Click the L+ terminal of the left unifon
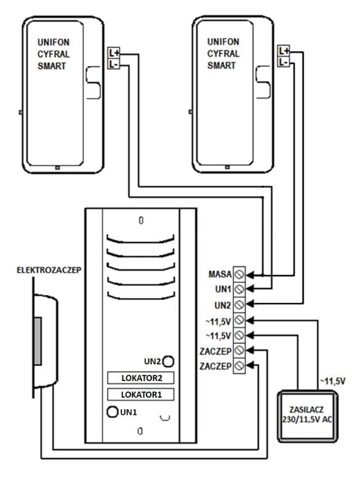coord(114,53)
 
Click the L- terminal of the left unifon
coord(114,64)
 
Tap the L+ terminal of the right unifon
coord(284,50)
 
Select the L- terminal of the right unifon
coord(284,62)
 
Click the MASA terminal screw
coord(239,274)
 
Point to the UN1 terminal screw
coord(239,289)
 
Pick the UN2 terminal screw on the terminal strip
coord(239,305)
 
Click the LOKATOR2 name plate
coord(141,378)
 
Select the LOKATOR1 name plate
coord(141,395)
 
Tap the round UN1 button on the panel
coord(112,412)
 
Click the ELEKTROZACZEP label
coord(49,270)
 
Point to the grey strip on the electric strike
coord(38,341)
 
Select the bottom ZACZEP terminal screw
coord(239,366)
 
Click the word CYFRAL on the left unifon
coord(54,54)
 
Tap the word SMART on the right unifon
coord(222,65)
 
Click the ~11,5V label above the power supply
coord(332,381)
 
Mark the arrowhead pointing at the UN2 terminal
coord(249,303)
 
